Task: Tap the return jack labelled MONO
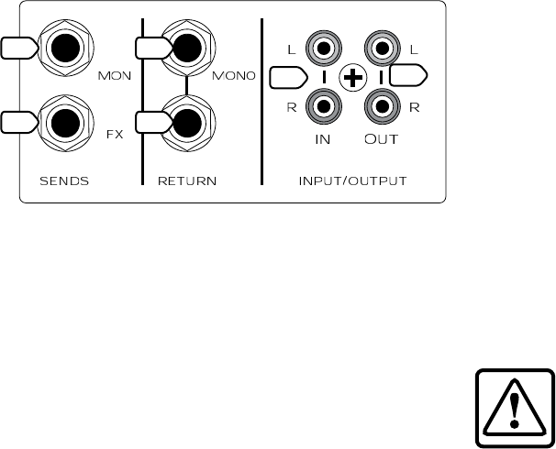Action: [187, 48]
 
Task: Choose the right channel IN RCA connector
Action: [324, 108]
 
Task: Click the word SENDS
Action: [64, 181]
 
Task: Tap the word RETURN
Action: [186, 181]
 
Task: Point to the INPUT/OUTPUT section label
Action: [352, 181]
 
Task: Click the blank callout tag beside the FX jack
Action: [16, 121]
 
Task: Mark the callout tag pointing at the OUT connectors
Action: [406, 76]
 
